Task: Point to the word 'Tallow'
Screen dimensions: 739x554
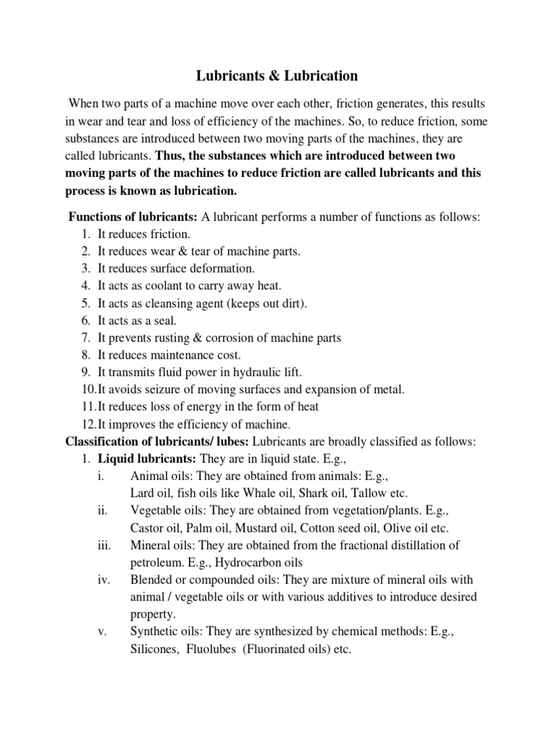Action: tap(368, 494)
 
